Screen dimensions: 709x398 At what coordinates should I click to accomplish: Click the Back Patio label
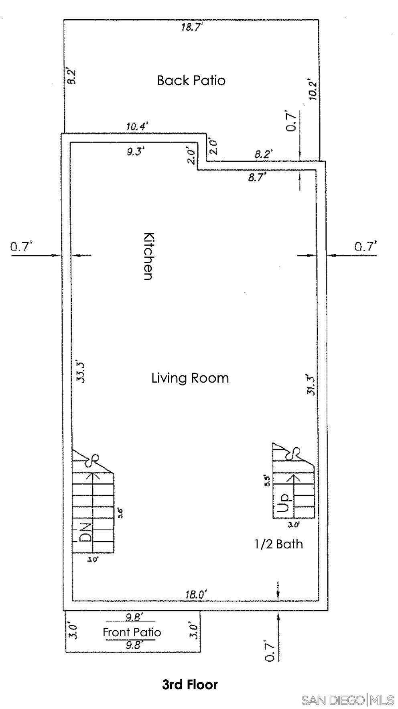point(191,80)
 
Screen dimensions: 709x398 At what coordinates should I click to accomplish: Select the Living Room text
point(190,378)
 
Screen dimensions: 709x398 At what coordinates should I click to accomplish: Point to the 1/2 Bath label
point(278,544)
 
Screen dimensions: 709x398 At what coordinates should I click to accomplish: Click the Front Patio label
point(132,632)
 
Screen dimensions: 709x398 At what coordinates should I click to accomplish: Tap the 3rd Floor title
point(190,684)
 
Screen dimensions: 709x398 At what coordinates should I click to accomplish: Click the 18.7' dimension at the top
point(191,27)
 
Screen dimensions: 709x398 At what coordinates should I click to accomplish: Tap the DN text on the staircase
point(85,532)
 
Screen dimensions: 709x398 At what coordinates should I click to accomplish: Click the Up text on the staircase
point(283,502)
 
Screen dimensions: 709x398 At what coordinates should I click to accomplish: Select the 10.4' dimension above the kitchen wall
point(137,127)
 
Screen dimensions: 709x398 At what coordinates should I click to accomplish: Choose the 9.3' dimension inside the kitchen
point(136,151)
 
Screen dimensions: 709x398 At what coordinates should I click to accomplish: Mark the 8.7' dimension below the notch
point(257,177)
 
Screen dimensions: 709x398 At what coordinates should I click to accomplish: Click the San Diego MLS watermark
point(347,700)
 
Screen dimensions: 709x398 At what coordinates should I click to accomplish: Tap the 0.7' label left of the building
point(21,247)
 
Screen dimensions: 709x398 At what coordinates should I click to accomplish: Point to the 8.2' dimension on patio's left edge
point(71,76)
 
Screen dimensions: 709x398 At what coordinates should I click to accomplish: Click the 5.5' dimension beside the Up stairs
point(266,481)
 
